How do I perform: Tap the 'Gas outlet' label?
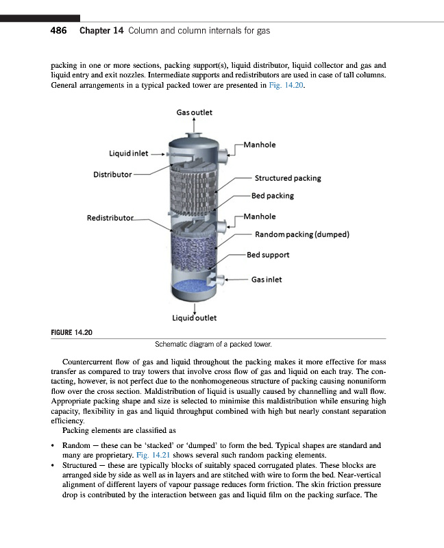click(x=195, y=112)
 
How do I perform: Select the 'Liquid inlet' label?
click(x=129, y=153)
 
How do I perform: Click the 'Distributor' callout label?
click(x=112, y=174)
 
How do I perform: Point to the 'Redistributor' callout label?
click(x=110, y=218)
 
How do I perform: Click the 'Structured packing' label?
click(x=288, y=178)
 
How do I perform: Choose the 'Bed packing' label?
click(x=272, y=196)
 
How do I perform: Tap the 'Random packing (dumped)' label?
click(x=302, y=234)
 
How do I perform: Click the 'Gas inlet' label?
click(x=267, y=279)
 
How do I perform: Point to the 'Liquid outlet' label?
click(x=195, y=318)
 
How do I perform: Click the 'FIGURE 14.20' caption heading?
click(x=72, y=332)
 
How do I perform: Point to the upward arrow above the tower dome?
click(x=195, y=123)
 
